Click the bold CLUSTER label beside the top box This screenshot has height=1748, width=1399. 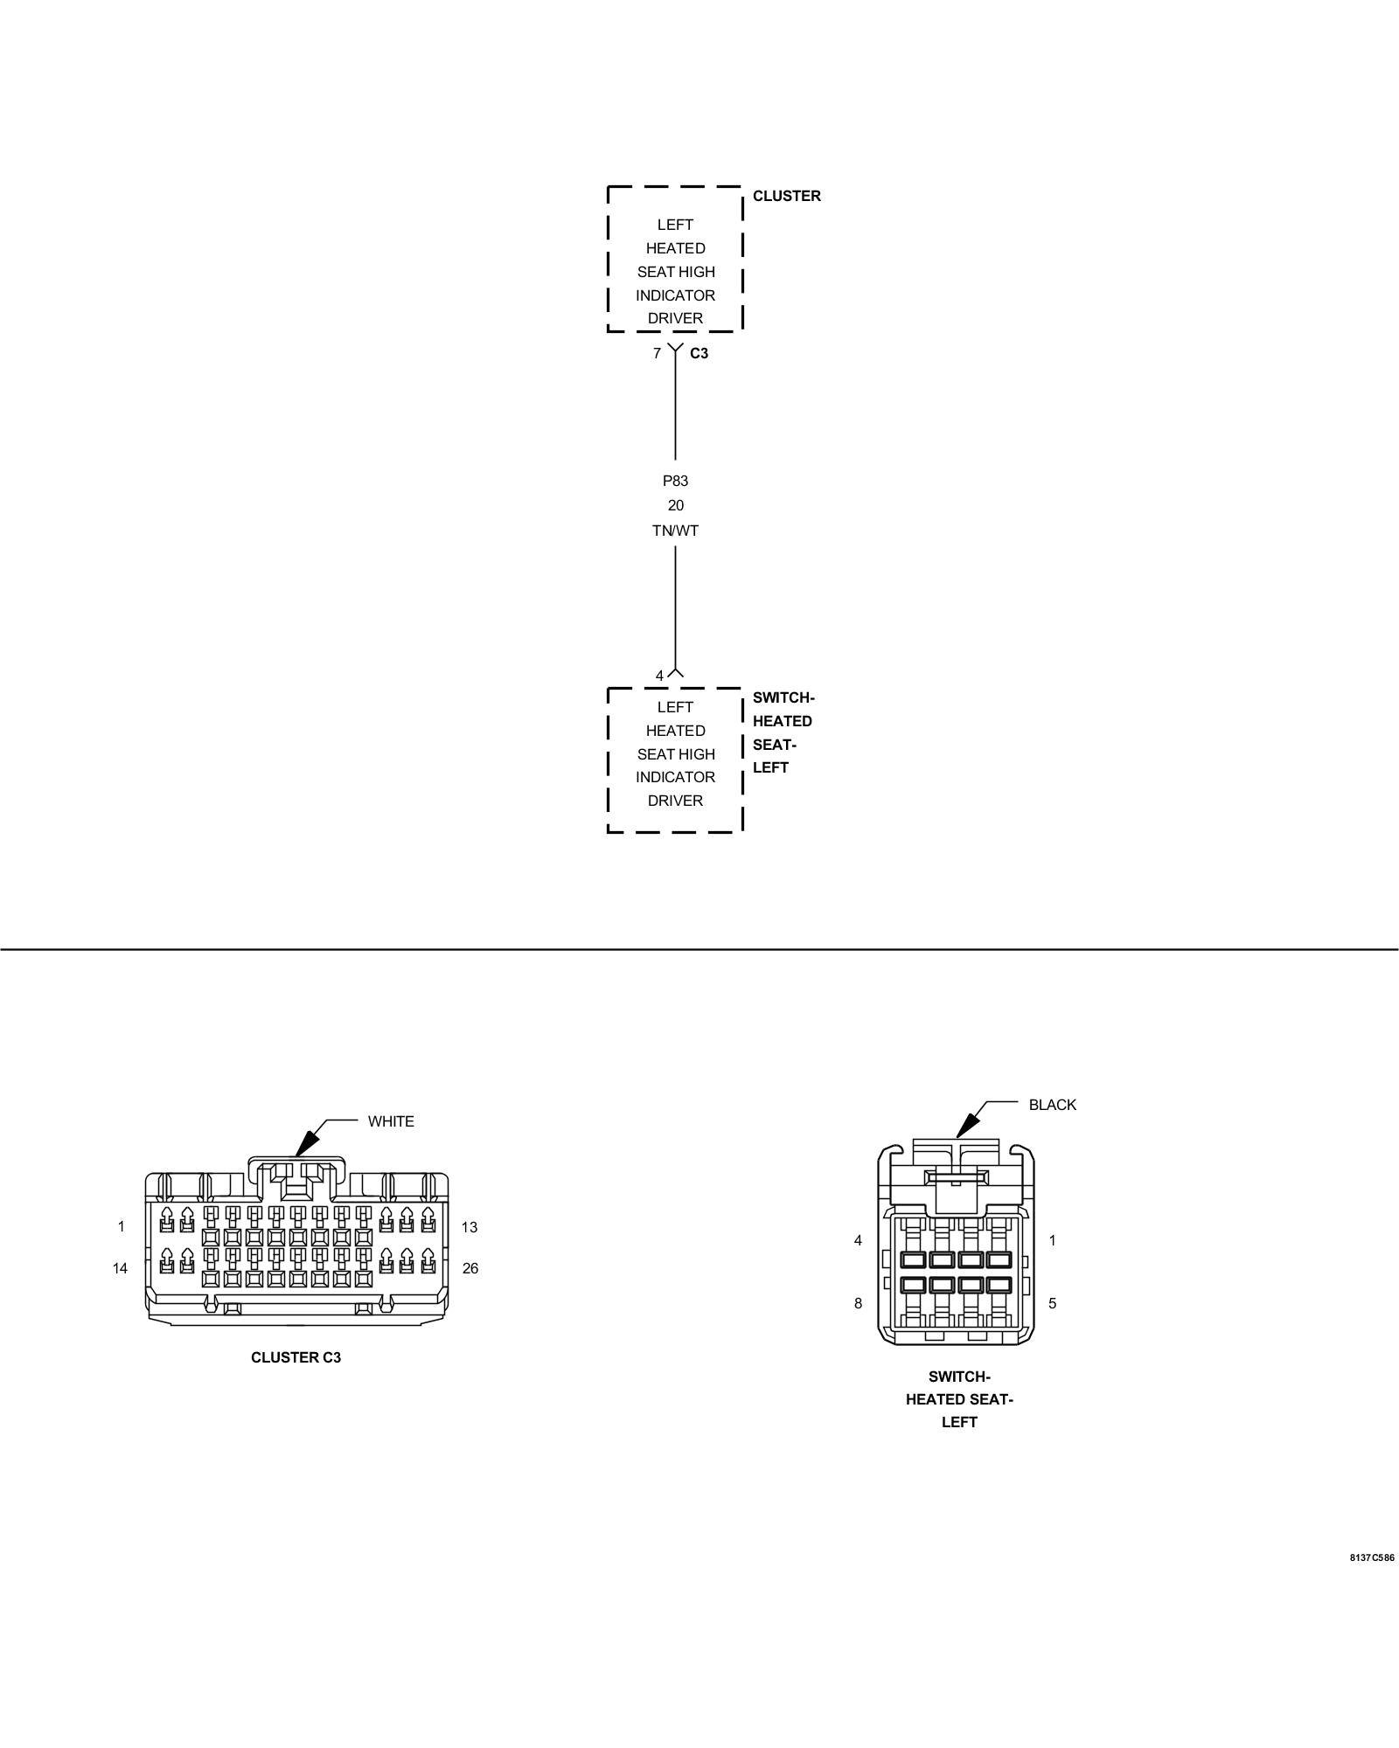(x=786, y=196)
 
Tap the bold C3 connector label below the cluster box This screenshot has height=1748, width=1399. (x=699, y=354)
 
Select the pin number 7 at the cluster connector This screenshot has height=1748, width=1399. (x=657, y=354)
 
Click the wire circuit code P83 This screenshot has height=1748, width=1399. (x=675, y=481)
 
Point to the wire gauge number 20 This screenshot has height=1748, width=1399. (x=675, y=505)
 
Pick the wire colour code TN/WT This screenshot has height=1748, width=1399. (x=675, y=531)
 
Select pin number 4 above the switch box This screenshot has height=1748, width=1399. (x=659, y=676)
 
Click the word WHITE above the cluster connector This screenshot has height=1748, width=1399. (x=391, y=1121)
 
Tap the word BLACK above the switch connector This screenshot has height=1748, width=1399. (x=1052, y=1105)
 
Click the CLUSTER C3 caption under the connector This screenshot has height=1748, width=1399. (x=296, y=1357)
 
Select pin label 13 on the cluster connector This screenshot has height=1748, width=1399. (x=470, y=1227)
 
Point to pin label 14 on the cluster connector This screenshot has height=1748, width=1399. (x=120, y=1268)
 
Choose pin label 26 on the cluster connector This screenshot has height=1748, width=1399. (x=470, y=1268)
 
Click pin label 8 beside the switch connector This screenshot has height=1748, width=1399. (x=858, y=1303)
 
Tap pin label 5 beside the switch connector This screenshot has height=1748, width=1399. (x=1052, y=1303)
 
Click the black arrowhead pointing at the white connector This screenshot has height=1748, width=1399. (x=305, y=1145)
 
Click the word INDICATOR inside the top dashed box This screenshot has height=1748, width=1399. (x=675, y=295)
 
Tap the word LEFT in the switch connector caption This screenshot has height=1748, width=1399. (x=959, y=1422)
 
